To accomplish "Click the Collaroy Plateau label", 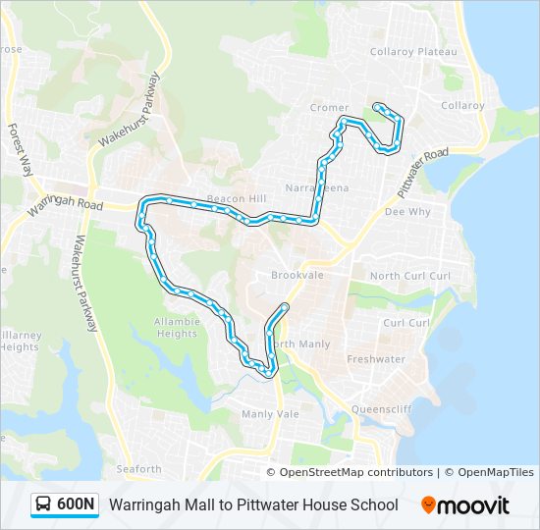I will (413, 51).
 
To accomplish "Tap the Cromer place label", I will (329, 108).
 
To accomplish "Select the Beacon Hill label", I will (237, 198).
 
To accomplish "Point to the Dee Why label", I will (407, 211).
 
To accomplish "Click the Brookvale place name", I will (297, 276).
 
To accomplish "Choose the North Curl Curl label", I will (410, 276).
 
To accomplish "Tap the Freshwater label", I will (376, 359).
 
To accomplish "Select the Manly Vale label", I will (270, 414).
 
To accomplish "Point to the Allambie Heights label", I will (176, 328).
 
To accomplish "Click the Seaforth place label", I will (138, 469).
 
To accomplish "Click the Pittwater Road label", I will (423, 169).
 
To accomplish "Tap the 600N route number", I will (77, 504).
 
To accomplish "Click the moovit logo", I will (465, 504).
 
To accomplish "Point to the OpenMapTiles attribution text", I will (495, 473).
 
